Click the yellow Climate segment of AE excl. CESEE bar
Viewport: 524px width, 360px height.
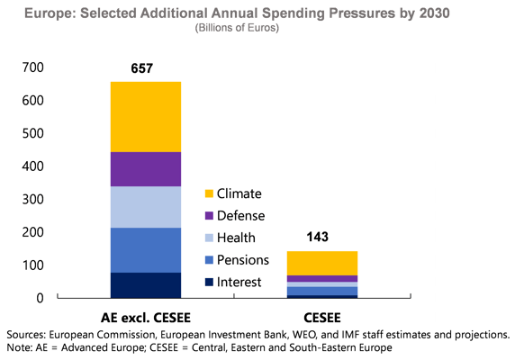click(x=145, y=117)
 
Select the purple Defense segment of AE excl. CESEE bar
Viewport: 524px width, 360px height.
click(x=145, y=169)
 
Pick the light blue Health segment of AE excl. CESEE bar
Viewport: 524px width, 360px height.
click(x=145, y=207)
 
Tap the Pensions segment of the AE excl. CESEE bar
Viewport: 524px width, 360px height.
click(x=145, y=250)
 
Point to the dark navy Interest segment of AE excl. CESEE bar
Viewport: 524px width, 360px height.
click(x=145, y=284)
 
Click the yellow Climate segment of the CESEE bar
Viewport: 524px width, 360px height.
click(x=321, y=263)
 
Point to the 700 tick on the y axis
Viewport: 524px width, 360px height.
click(x=33, y=68)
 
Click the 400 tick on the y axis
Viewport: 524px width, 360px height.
click(x=33, y=166)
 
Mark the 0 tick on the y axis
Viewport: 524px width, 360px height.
click(x=40, y=298)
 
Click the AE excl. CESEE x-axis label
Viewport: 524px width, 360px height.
click(x=145, y=317)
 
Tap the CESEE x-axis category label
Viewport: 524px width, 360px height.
click(x=321, y=317)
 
